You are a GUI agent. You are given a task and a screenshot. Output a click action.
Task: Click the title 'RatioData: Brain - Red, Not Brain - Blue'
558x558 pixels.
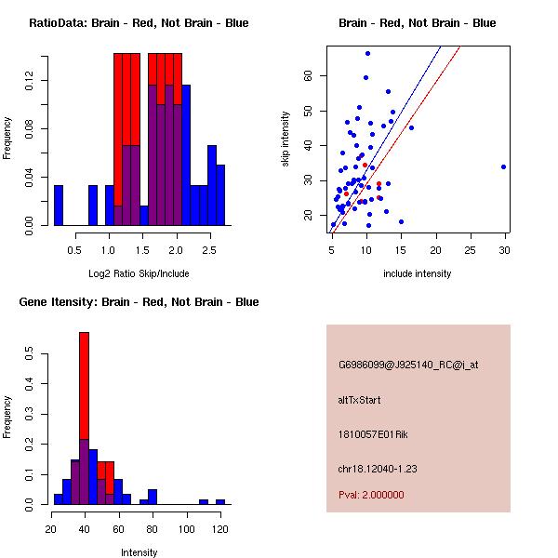point(139,23)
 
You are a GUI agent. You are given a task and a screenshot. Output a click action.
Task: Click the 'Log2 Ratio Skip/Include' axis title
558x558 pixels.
point(139,273)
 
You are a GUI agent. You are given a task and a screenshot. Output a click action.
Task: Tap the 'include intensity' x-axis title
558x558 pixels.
point(418,273)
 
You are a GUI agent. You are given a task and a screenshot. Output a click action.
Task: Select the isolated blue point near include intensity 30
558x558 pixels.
point(503,167)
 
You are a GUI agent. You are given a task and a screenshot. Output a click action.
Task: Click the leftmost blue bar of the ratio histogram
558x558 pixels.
point(59,205)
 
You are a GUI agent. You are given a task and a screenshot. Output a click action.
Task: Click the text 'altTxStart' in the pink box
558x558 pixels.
point(359,400)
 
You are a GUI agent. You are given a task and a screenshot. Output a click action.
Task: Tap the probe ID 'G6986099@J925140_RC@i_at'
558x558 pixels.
point(408,365)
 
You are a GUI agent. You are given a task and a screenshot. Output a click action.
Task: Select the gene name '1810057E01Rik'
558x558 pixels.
point(369,434)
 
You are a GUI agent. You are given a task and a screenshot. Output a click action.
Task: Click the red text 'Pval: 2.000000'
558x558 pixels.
point(371,496)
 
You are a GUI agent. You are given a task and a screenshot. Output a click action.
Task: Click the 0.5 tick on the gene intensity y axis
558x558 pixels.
point(31,354)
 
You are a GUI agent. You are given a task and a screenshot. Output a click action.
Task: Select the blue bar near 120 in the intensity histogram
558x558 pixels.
point(220,501)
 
